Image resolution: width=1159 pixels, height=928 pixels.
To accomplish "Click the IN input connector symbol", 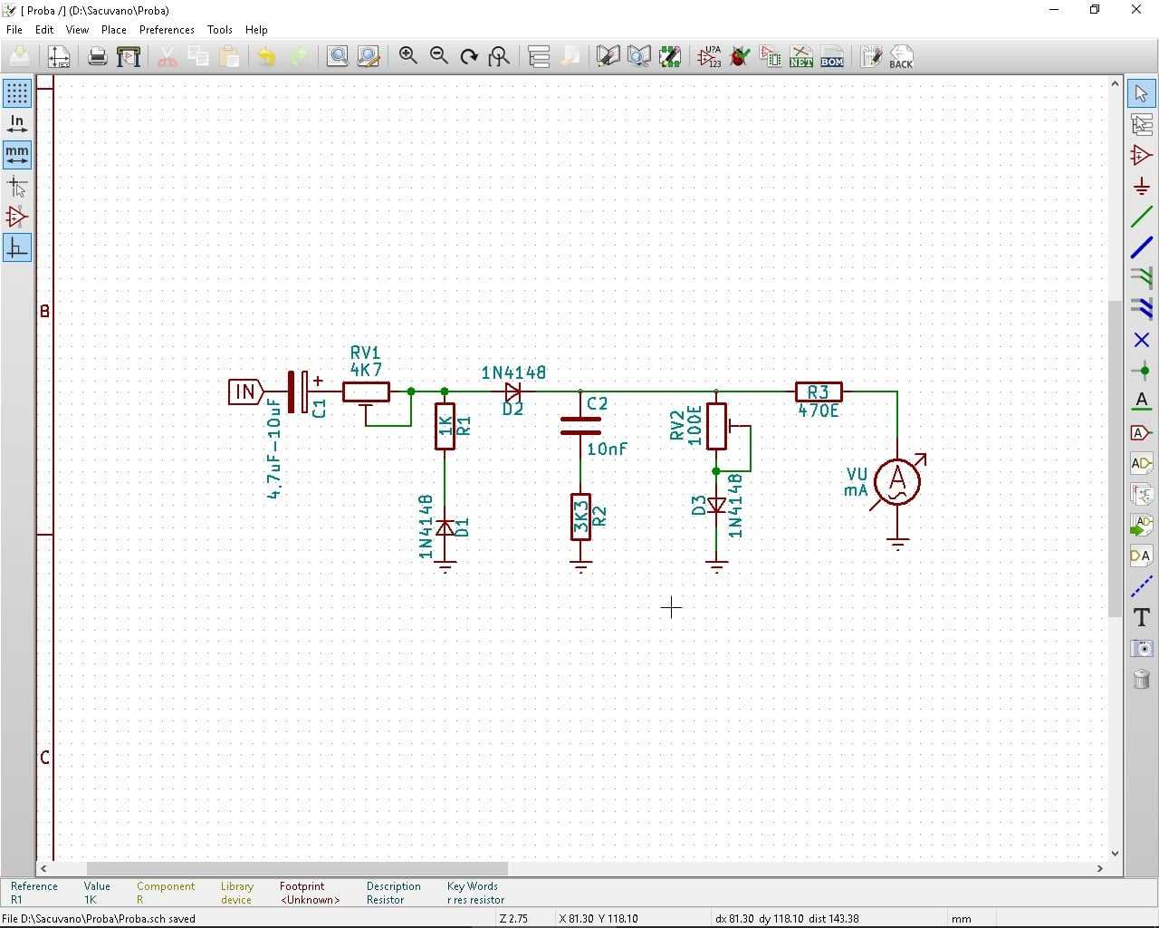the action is click(245, 391).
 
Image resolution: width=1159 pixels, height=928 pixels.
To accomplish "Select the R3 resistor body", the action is click(819, 392).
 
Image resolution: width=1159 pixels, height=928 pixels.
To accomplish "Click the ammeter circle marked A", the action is click(897, 481).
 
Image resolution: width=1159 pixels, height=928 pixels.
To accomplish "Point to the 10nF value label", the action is click(607, 449).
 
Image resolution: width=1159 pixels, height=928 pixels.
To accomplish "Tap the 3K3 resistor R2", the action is click(580, 517).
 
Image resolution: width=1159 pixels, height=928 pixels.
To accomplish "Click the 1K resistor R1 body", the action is click(445, 426).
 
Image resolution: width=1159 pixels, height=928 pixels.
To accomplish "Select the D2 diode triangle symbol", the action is click(512, 392).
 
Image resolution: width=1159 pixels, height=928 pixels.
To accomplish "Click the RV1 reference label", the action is click(365, 353).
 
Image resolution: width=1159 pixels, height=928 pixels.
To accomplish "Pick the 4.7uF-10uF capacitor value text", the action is click(274, 449).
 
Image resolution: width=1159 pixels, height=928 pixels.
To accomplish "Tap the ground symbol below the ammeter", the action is click(897, 543).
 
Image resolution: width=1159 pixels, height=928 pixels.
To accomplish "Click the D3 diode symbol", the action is click(715, 506).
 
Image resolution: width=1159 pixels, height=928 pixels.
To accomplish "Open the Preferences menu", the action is click(167, 30).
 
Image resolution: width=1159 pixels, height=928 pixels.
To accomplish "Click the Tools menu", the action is click(219, 30).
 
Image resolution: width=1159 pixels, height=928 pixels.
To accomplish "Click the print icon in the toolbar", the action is click(98, 56).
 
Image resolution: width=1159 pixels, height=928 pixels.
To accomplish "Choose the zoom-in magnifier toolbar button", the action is click(407, 55).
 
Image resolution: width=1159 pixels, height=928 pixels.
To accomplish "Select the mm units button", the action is click(17, 155).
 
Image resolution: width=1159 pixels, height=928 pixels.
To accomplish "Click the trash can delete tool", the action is click(1141, 679).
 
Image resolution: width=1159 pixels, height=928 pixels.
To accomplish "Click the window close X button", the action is click(1135, 10).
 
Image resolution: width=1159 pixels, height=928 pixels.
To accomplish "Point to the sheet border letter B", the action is click(44, 311).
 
